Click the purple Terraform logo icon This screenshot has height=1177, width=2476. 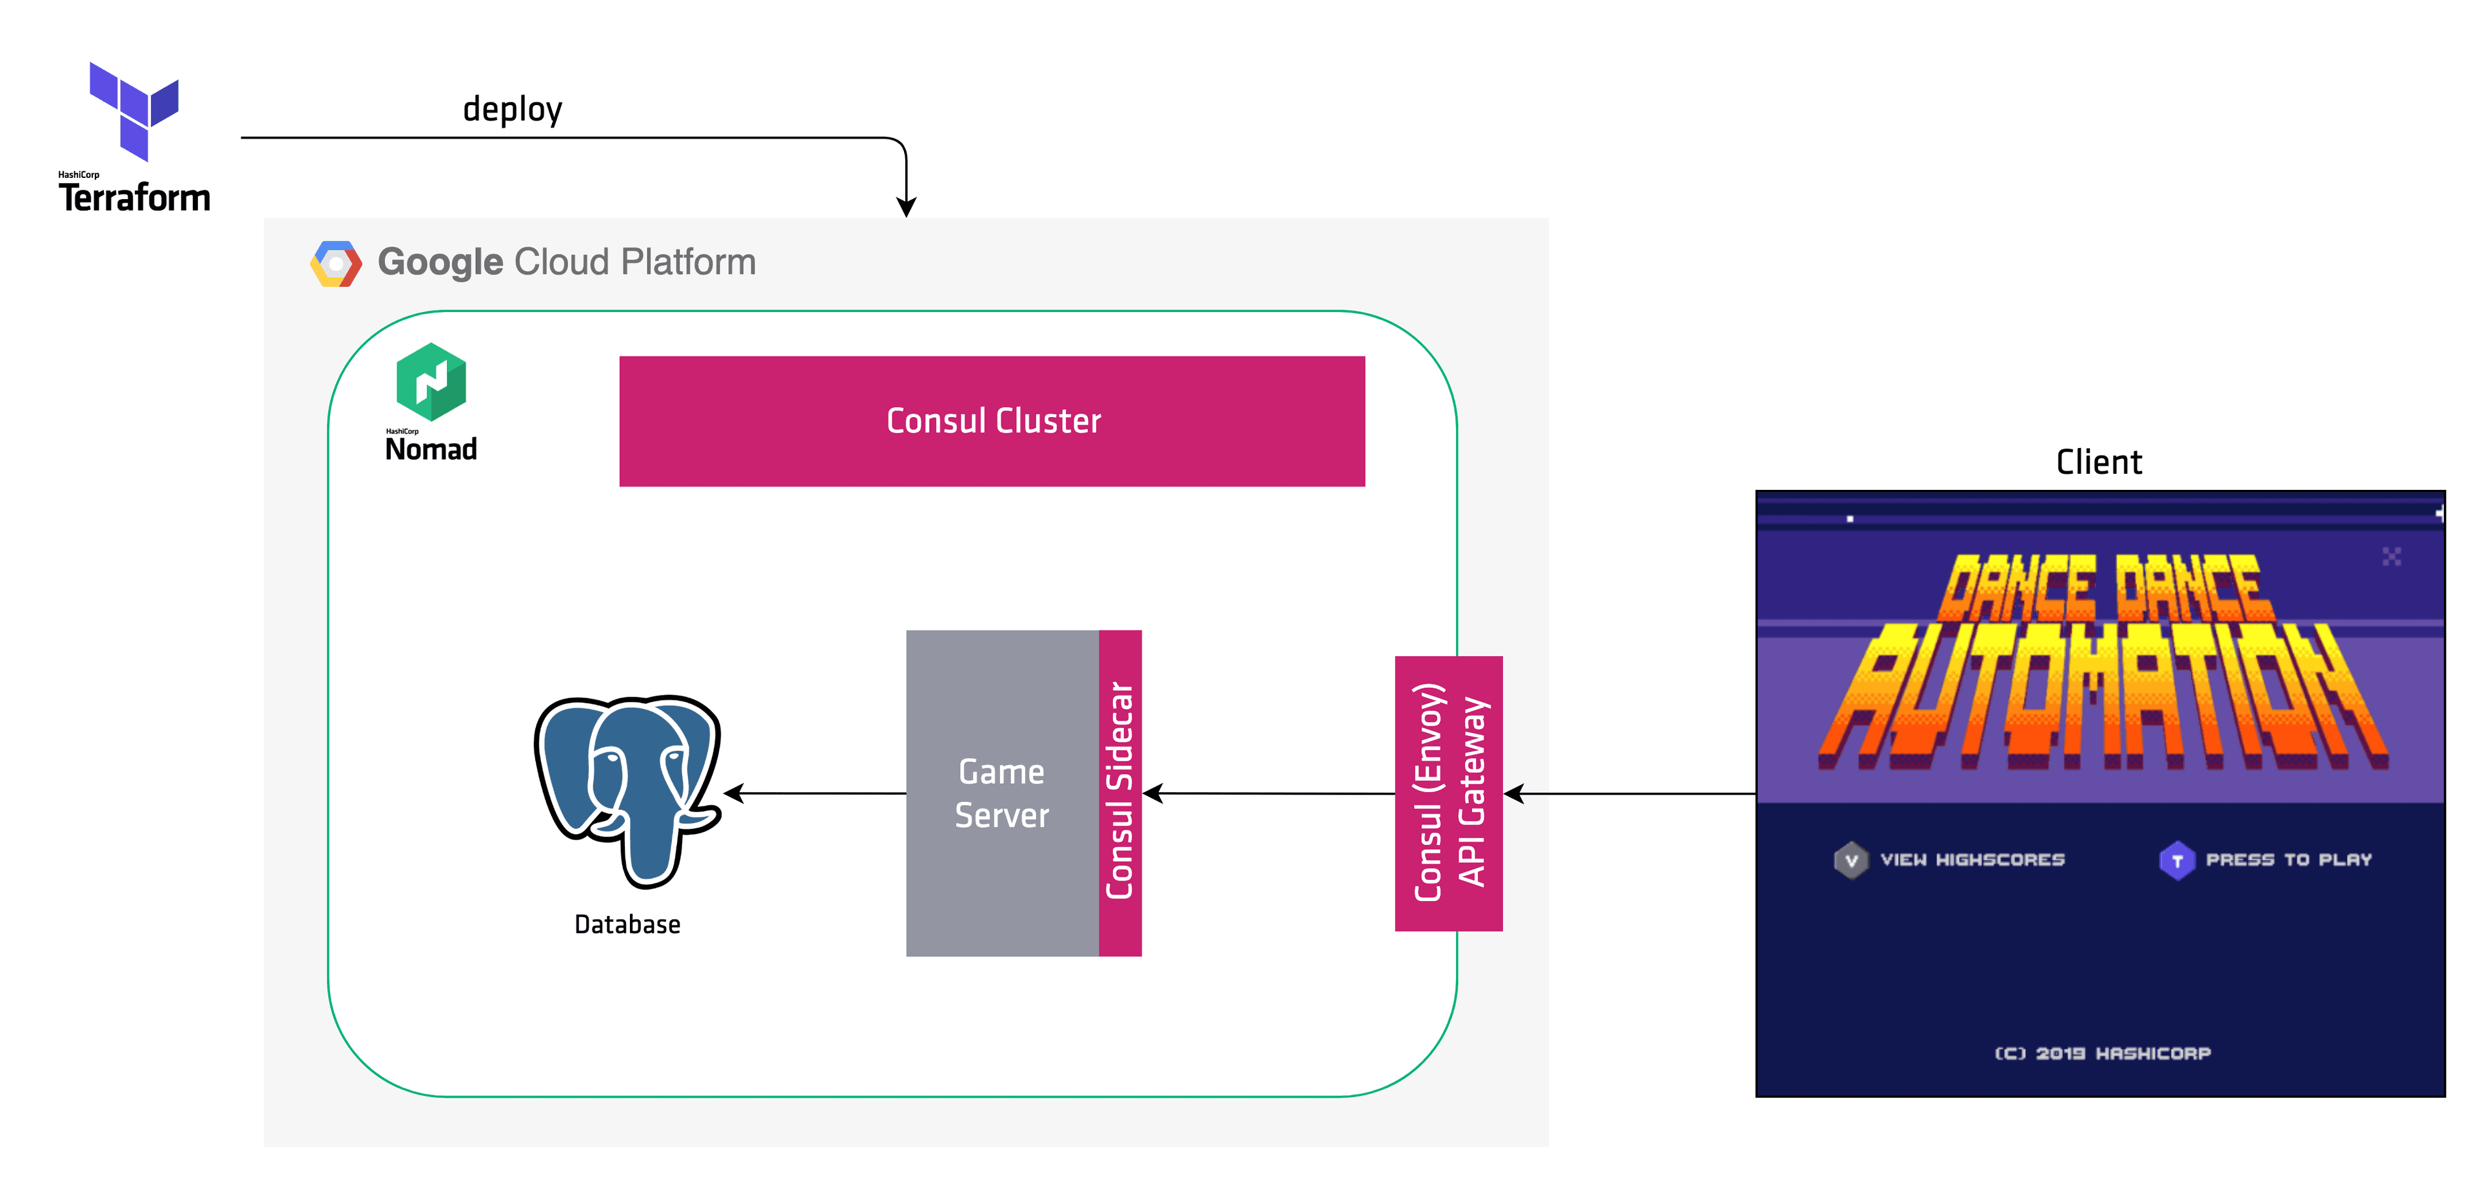click(x=133, y=110)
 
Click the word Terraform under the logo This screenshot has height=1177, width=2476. click(x=135, y=198)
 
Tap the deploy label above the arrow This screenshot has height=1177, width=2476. click(x=513, y=110)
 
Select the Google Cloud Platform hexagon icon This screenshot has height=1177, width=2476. click(x=335, y=263)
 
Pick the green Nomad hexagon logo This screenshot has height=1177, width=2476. click(x=431, y=382)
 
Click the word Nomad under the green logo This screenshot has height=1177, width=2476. click(x=431, y=450)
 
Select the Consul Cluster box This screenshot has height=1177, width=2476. click(x=991, y=421)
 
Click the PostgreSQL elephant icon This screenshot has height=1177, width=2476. click(x=629, y=788)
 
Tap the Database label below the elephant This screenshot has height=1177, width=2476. click(x=627, y=924)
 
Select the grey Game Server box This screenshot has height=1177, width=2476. click(x=1001, y=793)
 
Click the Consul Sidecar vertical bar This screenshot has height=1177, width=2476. click(x=1120, y=793)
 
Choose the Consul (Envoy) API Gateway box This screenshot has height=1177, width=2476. click(x=1448, y=793)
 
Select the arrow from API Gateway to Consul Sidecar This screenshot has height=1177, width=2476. click(x=1269, y=793)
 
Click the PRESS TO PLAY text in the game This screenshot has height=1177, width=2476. click(x=2288, y=860)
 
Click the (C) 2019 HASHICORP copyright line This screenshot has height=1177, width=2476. click(x=2102, y=1053)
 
